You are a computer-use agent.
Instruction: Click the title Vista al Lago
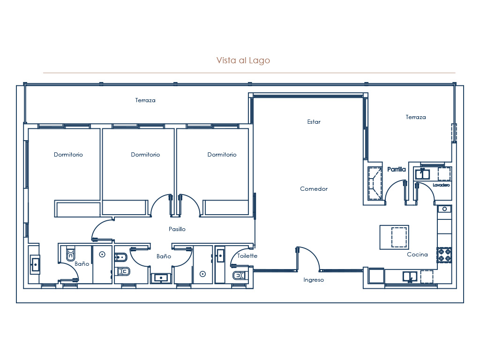point(243,60)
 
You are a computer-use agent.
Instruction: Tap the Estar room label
point(314,122)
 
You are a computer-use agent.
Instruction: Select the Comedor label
point(314,189)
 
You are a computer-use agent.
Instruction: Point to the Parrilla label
point(397,170)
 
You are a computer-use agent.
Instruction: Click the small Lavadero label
point(441,185)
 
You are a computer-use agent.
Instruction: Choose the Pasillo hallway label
point(177,229)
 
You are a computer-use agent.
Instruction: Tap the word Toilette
point(247,256)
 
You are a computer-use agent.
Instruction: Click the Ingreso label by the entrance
point(314,280)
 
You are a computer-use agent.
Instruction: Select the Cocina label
point(417,255)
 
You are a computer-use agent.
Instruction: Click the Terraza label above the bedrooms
point(145,100)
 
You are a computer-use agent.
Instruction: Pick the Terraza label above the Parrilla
point(416,117)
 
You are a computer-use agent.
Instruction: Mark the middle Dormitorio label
point(145,155)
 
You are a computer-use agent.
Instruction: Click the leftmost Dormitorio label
point(68,155)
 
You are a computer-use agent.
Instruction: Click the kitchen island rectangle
point(394,237)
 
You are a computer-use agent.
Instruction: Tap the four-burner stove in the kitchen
point(444,255)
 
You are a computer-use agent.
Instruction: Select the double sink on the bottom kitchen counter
point(410,277)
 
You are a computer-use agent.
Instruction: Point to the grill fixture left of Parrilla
point(375,183)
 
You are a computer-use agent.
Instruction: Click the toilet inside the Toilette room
point(239,276)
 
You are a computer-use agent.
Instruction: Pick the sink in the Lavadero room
point(423,174)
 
